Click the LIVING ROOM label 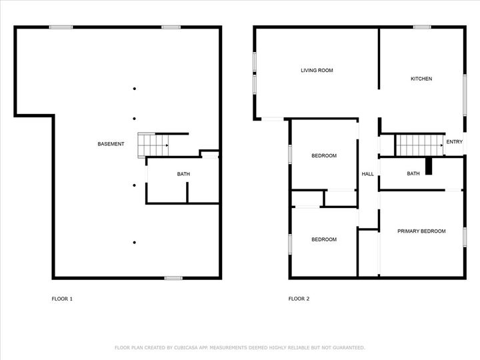pos(317,71)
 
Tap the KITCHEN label pos(421,79)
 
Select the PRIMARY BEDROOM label pos(421,231)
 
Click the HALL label pos(367,174)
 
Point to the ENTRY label pos(454,142)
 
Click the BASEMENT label pos(111,144)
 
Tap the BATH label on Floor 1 pos(183,174)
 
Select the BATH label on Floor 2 pos(413,173)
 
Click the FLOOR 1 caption pos(62,299)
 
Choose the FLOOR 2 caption pos(299,299)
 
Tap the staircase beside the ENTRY pos(420,145)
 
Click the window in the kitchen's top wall pos(422,27)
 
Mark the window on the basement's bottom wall pos(173,278)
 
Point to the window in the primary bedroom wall pos(465,237)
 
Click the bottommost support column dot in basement pos(135,243)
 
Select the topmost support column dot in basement pos(135,89)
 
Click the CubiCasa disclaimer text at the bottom pos(240,347)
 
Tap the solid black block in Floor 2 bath pos(429,166)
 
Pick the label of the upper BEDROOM pos(324,156)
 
